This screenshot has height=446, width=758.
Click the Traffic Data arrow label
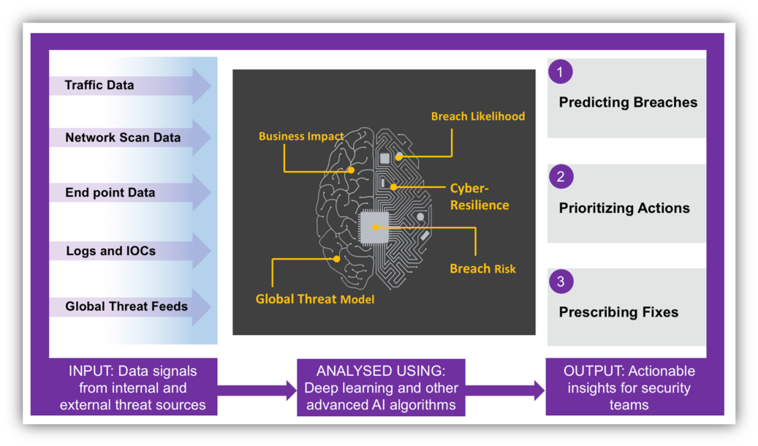pyautogui.click(x=99, y=85)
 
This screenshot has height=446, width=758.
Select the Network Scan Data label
pyautogui.click(x=123, y=138)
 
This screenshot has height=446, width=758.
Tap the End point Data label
pyautogui.click(x=110, y=192)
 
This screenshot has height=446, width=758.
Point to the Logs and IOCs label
pyautogui.click(x=110, y=251)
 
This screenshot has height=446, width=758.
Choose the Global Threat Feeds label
pyautogui.click(x=126, y=306)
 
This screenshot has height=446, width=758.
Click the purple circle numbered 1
pyautogui.click(x=561, y=72)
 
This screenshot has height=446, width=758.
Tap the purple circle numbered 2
pyautogui.click(x=561, y=176)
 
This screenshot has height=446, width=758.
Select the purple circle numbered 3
pyautogui.click(x=561, y=281)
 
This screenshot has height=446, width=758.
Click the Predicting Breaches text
pyautogui.click(x=628, y=102)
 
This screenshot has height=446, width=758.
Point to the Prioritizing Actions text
pyautogui.click(x=624, y=208)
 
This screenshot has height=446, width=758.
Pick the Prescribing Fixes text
pyautogui.click(x=618, y=312)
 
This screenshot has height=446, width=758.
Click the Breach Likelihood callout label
pyautogui.click(x=477, y=116)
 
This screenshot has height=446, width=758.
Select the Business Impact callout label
pyautogui.click(x=301, y=137)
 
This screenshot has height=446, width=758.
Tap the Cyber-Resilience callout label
pyautogui.click(x=479, y=197)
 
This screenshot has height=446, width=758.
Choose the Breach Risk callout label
pyautogui.click(x=482, y=269)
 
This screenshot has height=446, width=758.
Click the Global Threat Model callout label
pyautogui.click(x=315, y=300)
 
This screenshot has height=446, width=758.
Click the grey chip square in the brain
pyautogui.click(x=374, y=227)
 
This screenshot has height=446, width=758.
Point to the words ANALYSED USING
pyautogui.click(x=381, y=371)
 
